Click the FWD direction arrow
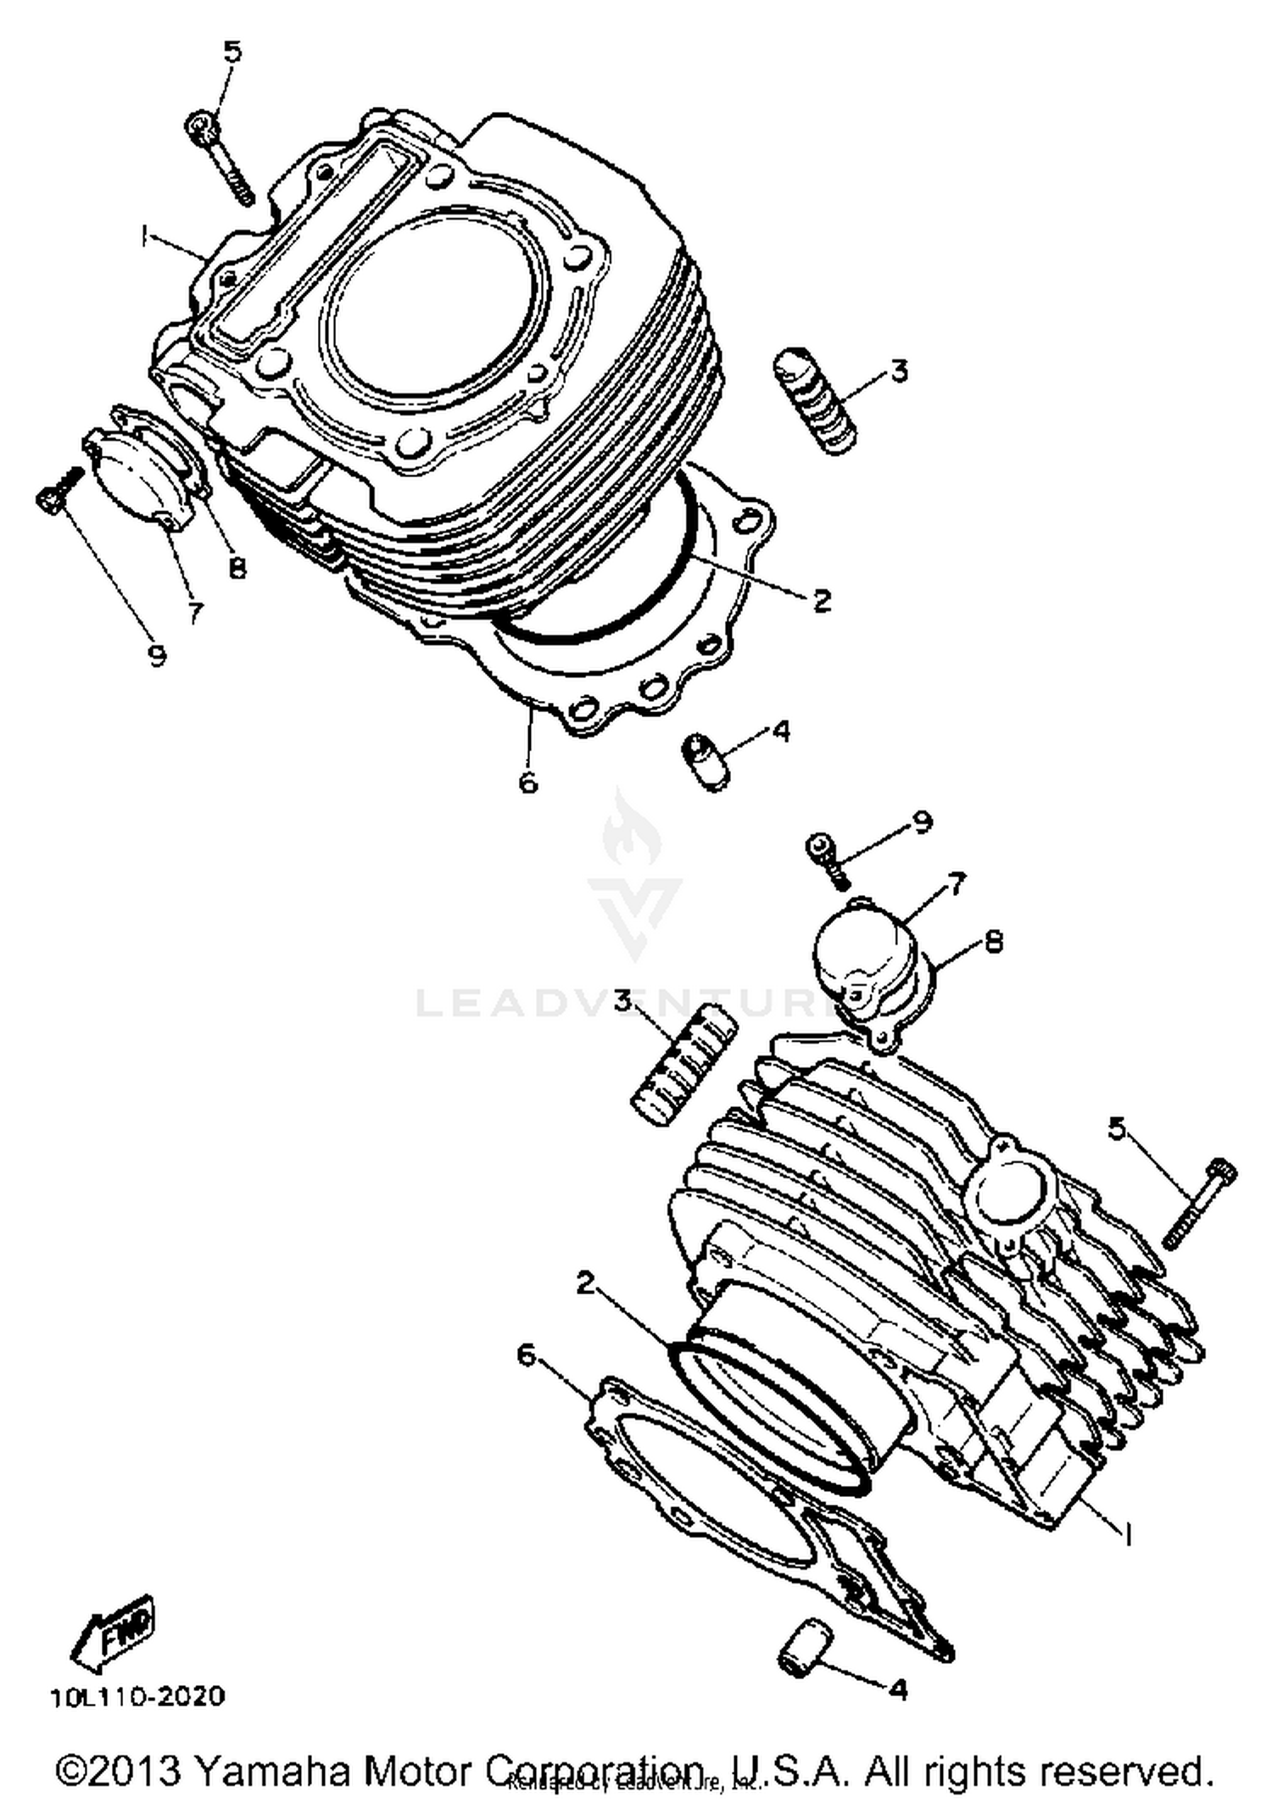112,1634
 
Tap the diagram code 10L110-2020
137,1696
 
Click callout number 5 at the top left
232,53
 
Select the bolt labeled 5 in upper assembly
222,157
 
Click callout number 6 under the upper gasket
527,782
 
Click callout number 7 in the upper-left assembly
196,612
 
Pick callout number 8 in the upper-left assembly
237,567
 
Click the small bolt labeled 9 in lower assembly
827,855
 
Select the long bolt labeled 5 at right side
1199,1203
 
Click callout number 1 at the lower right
1128,1533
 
